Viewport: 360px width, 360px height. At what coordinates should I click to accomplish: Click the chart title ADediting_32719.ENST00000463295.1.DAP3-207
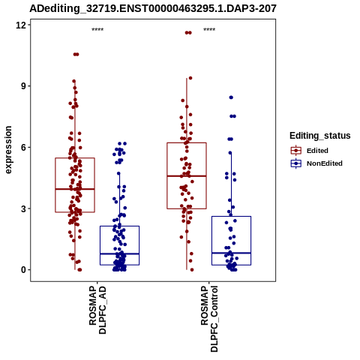point(153,8)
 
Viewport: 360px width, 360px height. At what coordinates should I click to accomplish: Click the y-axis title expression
point(8,150)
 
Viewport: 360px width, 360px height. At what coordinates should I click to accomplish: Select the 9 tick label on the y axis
point(23,86)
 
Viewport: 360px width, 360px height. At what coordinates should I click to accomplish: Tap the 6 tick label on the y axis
point(23,147)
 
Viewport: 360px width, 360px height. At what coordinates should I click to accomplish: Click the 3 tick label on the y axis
point(23,208)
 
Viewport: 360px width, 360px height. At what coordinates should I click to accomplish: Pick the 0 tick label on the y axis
point(23,270)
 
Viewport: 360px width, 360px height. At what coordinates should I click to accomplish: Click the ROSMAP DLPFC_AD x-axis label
point(97,310)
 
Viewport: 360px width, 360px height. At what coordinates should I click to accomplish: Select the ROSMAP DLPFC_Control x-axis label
point(209,319)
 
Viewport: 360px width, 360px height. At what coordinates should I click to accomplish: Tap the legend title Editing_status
point(320,136)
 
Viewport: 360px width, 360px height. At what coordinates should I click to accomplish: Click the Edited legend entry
point(310,151)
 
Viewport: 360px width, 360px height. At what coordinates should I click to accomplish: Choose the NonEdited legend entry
point(316,163)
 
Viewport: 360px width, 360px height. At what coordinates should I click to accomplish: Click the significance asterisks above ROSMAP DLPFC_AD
point(97,30)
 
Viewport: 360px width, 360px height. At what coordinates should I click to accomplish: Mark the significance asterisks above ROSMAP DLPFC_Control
point(209,30)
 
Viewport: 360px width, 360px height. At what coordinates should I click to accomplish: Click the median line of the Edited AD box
point(75,189)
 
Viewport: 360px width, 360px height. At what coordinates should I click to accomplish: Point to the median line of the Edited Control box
point(187,176)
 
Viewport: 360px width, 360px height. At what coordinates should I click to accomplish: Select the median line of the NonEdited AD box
point(119,253)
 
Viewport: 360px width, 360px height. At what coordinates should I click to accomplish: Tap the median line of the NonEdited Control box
point(231,253)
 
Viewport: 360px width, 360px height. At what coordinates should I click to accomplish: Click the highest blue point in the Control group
point(231,97)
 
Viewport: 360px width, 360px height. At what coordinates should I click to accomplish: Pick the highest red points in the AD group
point(76,54)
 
